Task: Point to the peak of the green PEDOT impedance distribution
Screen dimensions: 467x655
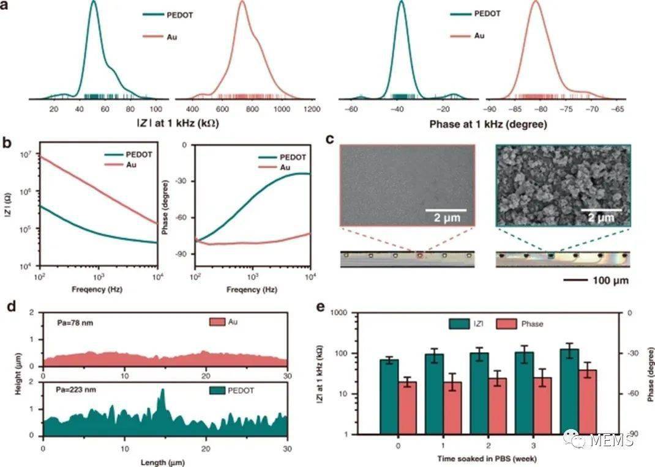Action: [93, 2]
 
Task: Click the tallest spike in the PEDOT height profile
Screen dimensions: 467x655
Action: [162, 391]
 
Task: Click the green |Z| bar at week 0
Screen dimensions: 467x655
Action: [389, 396]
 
